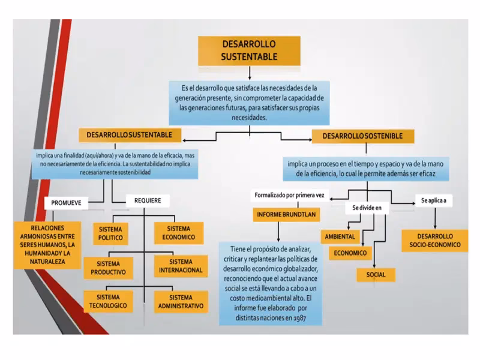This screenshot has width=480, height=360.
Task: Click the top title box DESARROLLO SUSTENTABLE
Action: pos(249,51)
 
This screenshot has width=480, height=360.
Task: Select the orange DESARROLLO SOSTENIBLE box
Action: pos(362,136)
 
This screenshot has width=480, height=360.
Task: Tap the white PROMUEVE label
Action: pos(70,203)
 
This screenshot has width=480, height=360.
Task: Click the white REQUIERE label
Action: pos(148,200)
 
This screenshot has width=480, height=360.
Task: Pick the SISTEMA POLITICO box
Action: pos(111,233)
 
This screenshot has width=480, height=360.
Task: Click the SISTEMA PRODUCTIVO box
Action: pos(109,268)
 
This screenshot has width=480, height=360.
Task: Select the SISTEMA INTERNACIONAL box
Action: pos(181,266)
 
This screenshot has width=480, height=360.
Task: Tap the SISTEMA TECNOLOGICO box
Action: pos(109,301)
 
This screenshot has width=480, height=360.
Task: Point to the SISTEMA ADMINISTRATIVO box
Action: pos(181,302)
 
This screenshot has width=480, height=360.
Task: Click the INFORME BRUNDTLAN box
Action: pos(286,214)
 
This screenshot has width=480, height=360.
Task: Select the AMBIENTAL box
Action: pos(340,236)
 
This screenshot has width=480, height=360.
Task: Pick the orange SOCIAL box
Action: pos(376,275)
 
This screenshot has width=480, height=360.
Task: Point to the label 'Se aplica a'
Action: pos(434,200)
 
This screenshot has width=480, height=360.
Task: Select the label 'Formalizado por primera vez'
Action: pos(289,196)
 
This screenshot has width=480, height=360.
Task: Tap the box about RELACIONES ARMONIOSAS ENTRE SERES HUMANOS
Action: pos(47,245)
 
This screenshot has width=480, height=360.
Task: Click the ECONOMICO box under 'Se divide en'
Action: pos(350,253)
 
